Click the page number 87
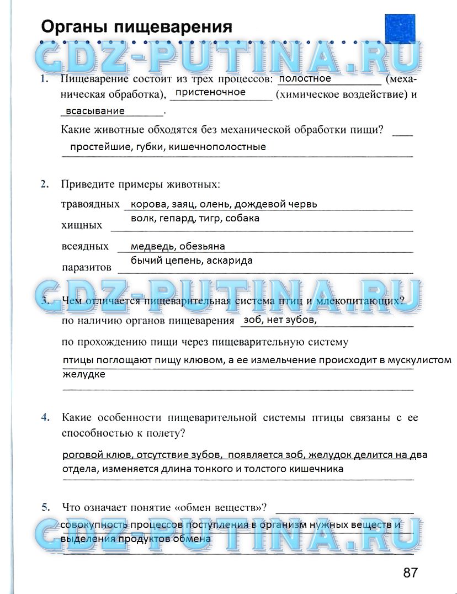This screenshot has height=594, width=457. (x=410, y=572)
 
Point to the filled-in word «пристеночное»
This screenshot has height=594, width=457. (x=210, y=92)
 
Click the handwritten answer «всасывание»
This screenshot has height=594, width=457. (x=95, y=111)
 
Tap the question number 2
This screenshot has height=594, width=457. (x=45, y=184)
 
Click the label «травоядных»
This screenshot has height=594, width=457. (x=90, y=204)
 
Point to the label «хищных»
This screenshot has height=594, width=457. (x=82, y=225)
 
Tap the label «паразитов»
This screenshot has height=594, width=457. (x=87, y=267)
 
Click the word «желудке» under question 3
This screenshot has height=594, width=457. (x=83, y=374)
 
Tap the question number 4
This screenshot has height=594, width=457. (x=45, y=417)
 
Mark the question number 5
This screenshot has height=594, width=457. (x=45, y=506)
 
